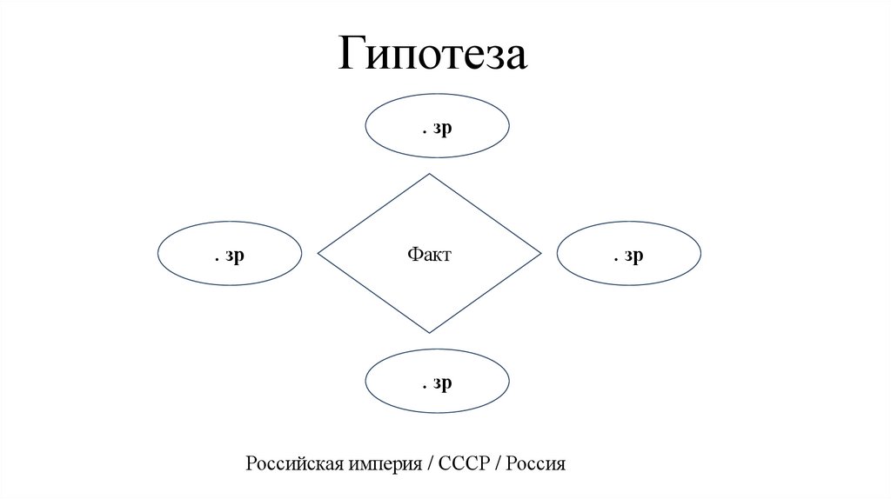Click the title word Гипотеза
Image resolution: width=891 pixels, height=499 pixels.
(432, 55)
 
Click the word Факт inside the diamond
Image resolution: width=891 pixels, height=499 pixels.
(429, 255)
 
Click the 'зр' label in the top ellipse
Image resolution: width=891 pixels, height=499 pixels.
(443, 128)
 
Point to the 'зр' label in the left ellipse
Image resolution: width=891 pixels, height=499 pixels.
(234, 256)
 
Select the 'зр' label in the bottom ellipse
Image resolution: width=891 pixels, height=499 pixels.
(443, 383)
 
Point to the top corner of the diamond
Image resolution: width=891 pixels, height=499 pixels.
(429, 175)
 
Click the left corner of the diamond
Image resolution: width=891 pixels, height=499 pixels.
(318, 254)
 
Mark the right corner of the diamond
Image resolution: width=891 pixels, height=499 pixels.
(540, 254)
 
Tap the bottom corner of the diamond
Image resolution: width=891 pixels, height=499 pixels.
(429, 332)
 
